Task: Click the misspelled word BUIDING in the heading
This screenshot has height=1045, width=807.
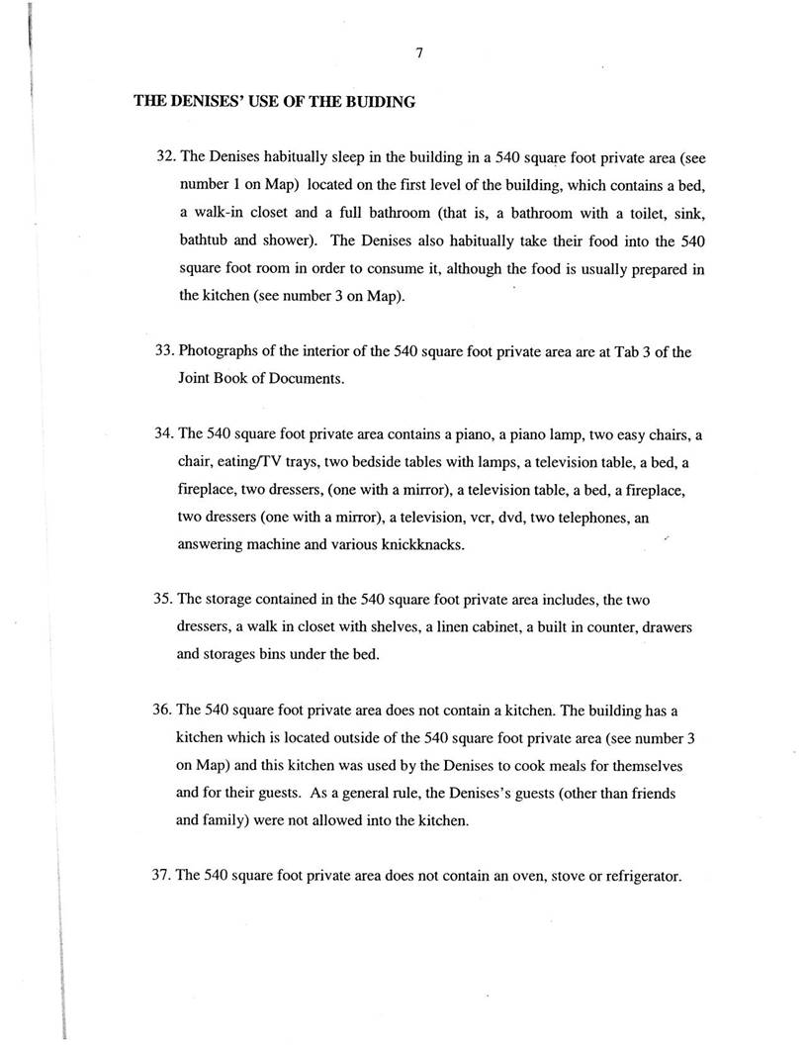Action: (380, 101)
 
